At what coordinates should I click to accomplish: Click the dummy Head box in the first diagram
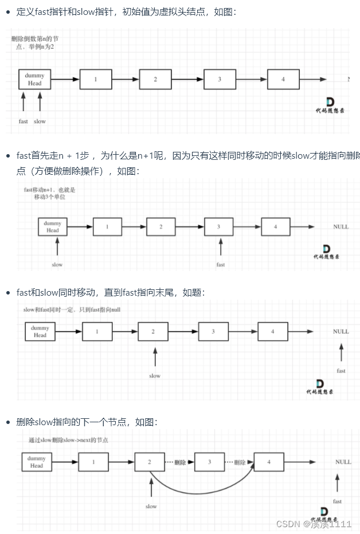[x=34, y=79]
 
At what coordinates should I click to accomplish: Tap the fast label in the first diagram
[x=23, y=121]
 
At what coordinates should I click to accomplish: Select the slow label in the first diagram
[x=40, y=121]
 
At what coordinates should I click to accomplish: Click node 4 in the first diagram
[x=283, y=79]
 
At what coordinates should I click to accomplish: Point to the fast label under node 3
[x=221, y=265]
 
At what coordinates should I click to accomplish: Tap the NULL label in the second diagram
[x=341, y=227]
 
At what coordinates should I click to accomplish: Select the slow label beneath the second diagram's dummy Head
[x=57, y=265]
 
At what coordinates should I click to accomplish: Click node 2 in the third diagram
[x=153, y=331]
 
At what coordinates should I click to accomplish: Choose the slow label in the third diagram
[x=155, y=376]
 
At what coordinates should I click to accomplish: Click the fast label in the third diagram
[x=341, y=371]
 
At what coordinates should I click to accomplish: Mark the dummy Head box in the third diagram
[x=40, y=331]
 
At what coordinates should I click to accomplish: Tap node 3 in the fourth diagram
[x=209, y=462]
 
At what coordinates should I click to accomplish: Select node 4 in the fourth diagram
[x=268, y=462]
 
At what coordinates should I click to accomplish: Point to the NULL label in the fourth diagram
[x=343, y=462]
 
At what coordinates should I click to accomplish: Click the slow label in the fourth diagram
[x=151, y=506]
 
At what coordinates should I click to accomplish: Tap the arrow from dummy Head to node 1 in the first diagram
[x=65, y=79]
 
